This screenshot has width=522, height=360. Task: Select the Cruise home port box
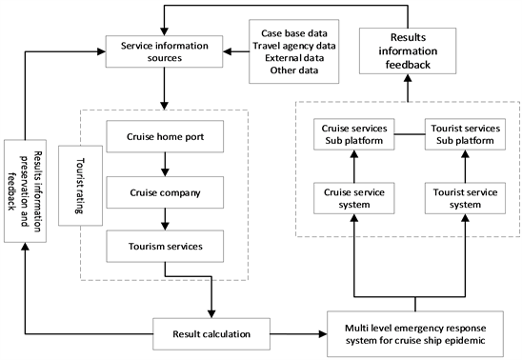pos(167,136)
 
